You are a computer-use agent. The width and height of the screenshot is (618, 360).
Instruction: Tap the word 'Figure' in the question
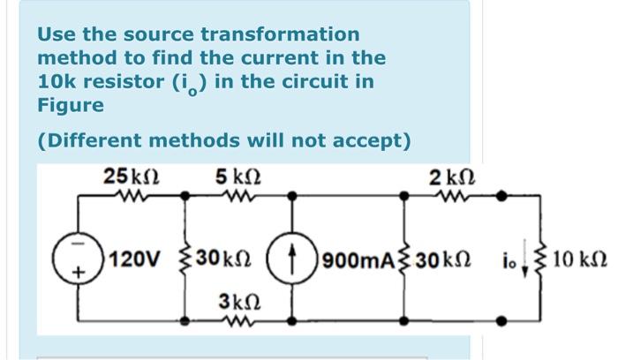click(71, 105)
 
